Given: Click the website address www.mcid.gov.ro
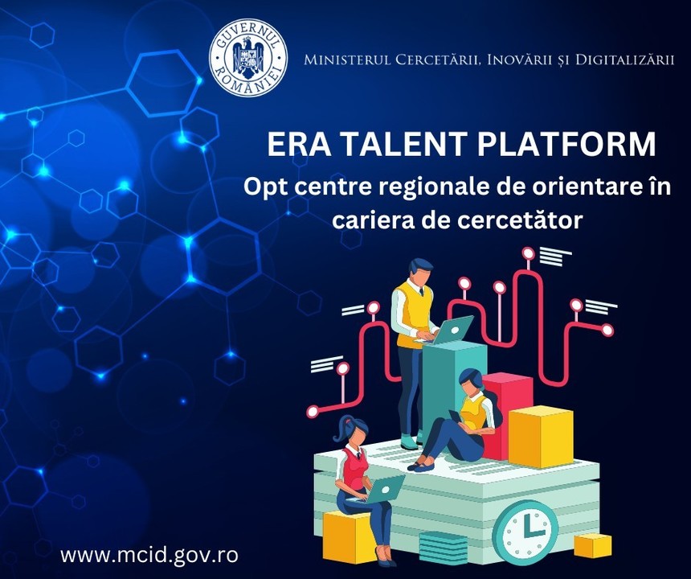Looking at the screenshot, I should [149, 555].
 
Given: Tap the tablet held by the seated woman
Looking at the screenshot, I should [456, 417].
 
